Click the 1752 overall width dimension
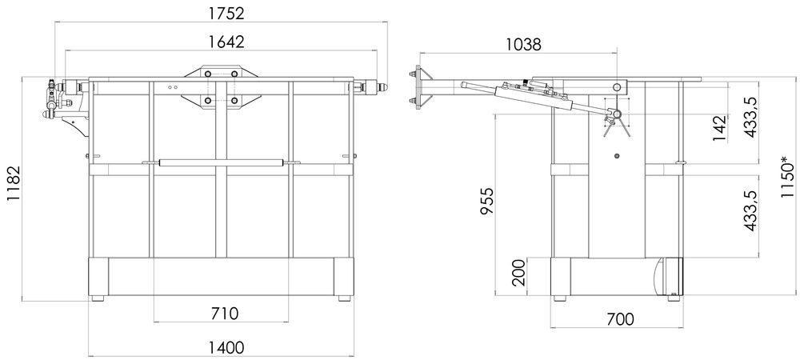(226, 13)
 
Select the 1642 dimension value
(226, 42)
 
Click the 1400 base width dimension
(226, 347)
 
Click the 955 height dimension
(487, 202)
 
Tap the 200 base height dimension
(518, 272)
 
